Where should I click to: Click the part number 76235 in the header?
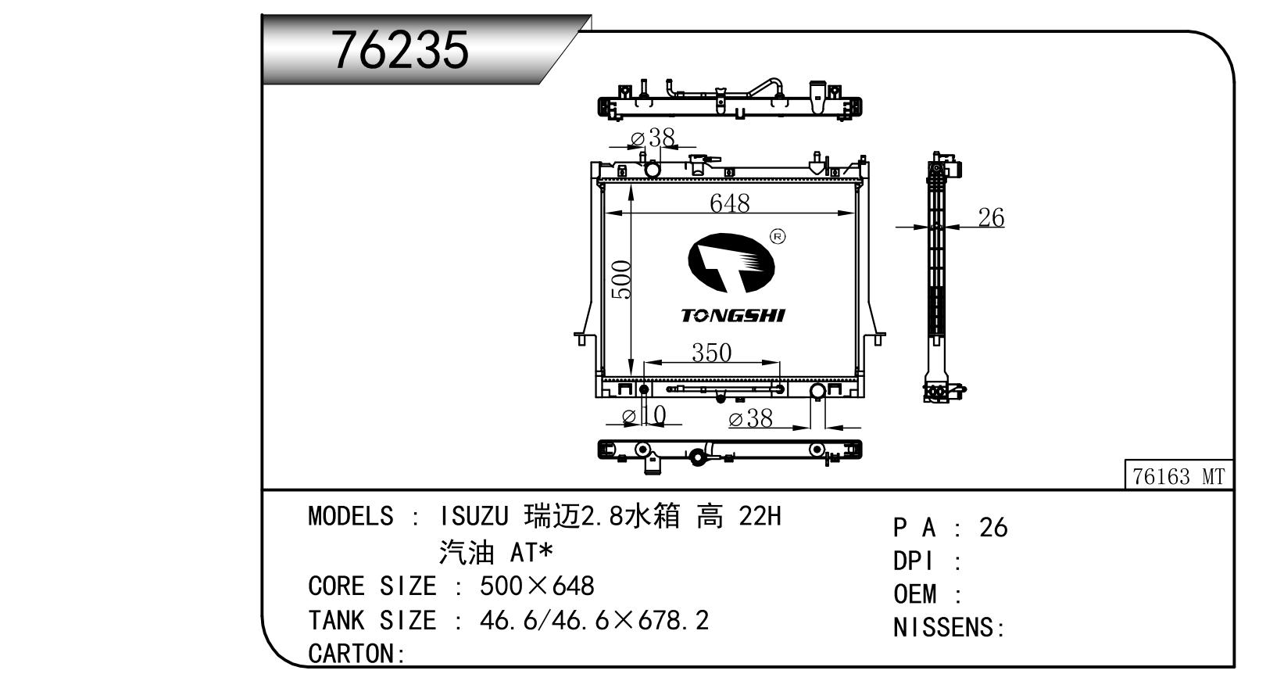tap(401, 49)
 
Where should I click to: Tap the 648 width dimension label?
tap(729, 203)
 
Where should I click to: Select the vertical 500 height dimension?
tap(621, 280)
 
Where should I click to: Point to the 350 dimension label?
tap(711, 353)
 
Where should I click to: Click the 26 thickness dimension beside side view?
tap(991, 217)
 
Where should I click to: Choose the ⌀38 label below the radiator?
tap(750, 419)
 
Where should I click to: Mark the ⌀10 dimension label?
tap(644, 415)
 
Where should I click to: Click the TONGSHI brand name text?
tap(732, 315)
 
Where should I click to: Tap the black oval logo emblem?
tap(731, 264)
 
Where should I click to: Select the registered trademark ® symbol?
tap(777, 236)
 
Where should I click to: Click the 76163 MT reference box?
tap(1178, 476)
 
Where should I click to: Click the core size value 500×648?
tap(537, 586)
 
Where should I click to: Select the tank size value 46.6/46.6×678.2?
tap(594, 620)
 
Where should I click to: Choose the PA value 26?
tap(993, 528)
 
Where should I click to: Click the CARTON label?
tap(352, 653)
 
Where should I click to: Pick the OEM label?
tap(915, 594)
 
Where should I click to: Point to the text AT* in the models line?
tap(531, 553)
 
